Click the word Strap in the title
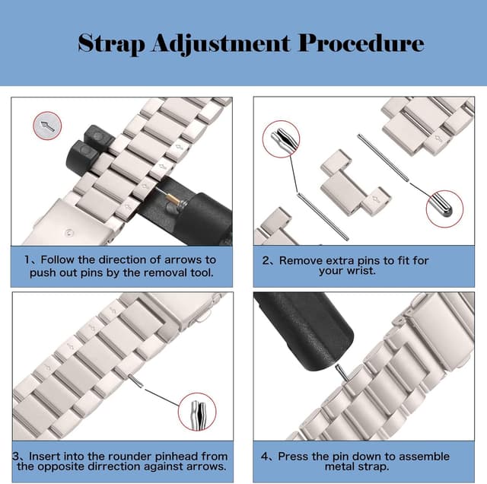coord(111,44)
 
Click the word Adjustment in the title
coord(221,44)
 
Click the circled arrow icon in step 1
coord(47,126)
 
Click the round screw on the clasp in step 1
coord(68,232)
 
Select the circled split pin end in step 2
coord(281,139)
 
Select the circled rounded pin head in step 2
coord(444,209)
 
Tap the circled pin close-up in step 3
coord(197,412)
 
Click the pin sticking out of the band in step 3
coord(136,381)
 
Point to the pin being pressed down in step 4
coord(342,372)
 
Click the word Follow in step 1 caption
coord(58,260)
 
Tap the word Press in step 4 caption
coord(293,457)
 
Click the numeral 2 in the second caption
coord(266,260)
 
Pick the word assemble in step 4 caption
coord(424,457)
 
